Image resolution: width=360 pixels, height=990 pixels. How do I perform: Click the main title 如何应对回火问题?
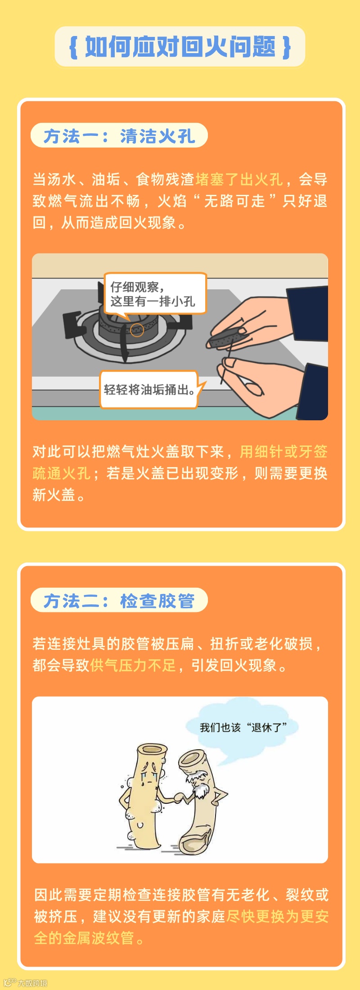pyautogui.click(x=180, y=47)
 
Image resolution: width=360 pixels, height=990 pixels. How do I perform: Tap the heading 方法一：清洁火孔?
pyautogui.click(x=119, y=135)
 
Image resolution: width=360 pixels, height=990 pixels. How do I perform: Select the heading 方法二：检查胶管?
pyautogui.click(x=119, y=600)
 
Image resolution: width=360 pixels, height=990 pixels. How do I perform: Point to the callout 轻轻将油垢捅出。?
pyautogui.click(x=149, y=389)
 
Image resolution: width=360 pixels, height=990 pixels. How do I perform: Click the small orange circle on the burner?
pyautogui.click(x=137, y=330)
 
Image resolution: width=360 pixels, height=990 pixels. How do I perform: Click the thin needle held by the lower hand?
pyautogui.click(x=226, y=364)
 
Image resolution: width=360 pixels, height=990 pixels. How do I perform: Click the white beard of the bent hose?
pyautogui.click(x=200, y=787)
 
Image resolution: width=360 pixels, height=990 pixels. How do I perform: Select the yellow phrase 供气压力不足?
pyautogui.click(x=133, y=665)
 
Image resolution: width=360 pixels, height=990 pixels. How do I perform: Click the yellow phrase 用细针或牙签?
pyautogui.click(x=283, y=451)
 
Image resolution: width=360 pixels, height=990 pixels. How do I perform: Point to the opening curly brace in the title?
pyautogui.click(x=74, y=47)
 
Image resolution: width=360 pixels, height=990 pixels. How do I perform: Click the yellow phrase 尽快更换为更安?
pyautogui.click(x=278, y=916)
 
